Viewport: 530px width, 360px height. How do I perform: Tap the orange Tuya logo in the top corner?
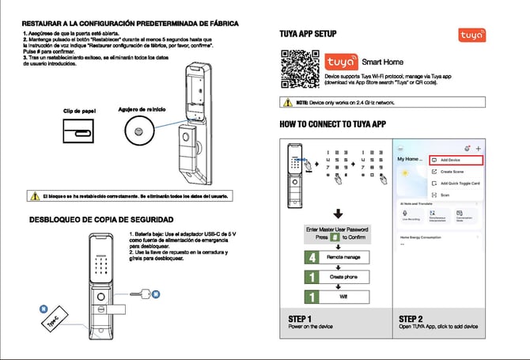(x=473, y=36)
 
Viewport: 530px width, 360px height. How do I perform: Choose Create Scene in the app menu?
(x=452, y=172)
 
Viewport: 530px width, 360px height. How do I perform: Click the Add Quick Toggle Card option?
(x=459, y=183)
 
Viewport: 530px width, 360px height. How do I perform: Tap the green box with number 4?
(x=313, y=257)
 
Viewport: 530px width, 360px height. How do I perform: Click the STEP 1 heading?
(x=301, y=320)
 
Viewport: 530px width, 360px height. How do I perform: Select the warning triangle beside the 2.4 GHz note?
(x=288, y=102)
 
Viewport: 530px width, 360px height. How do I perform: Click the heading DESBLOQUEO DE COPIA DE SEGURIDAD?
(x=100, y=219)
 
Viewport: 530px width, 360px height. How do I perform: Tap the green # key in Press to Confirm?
(x=335, y=237)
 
